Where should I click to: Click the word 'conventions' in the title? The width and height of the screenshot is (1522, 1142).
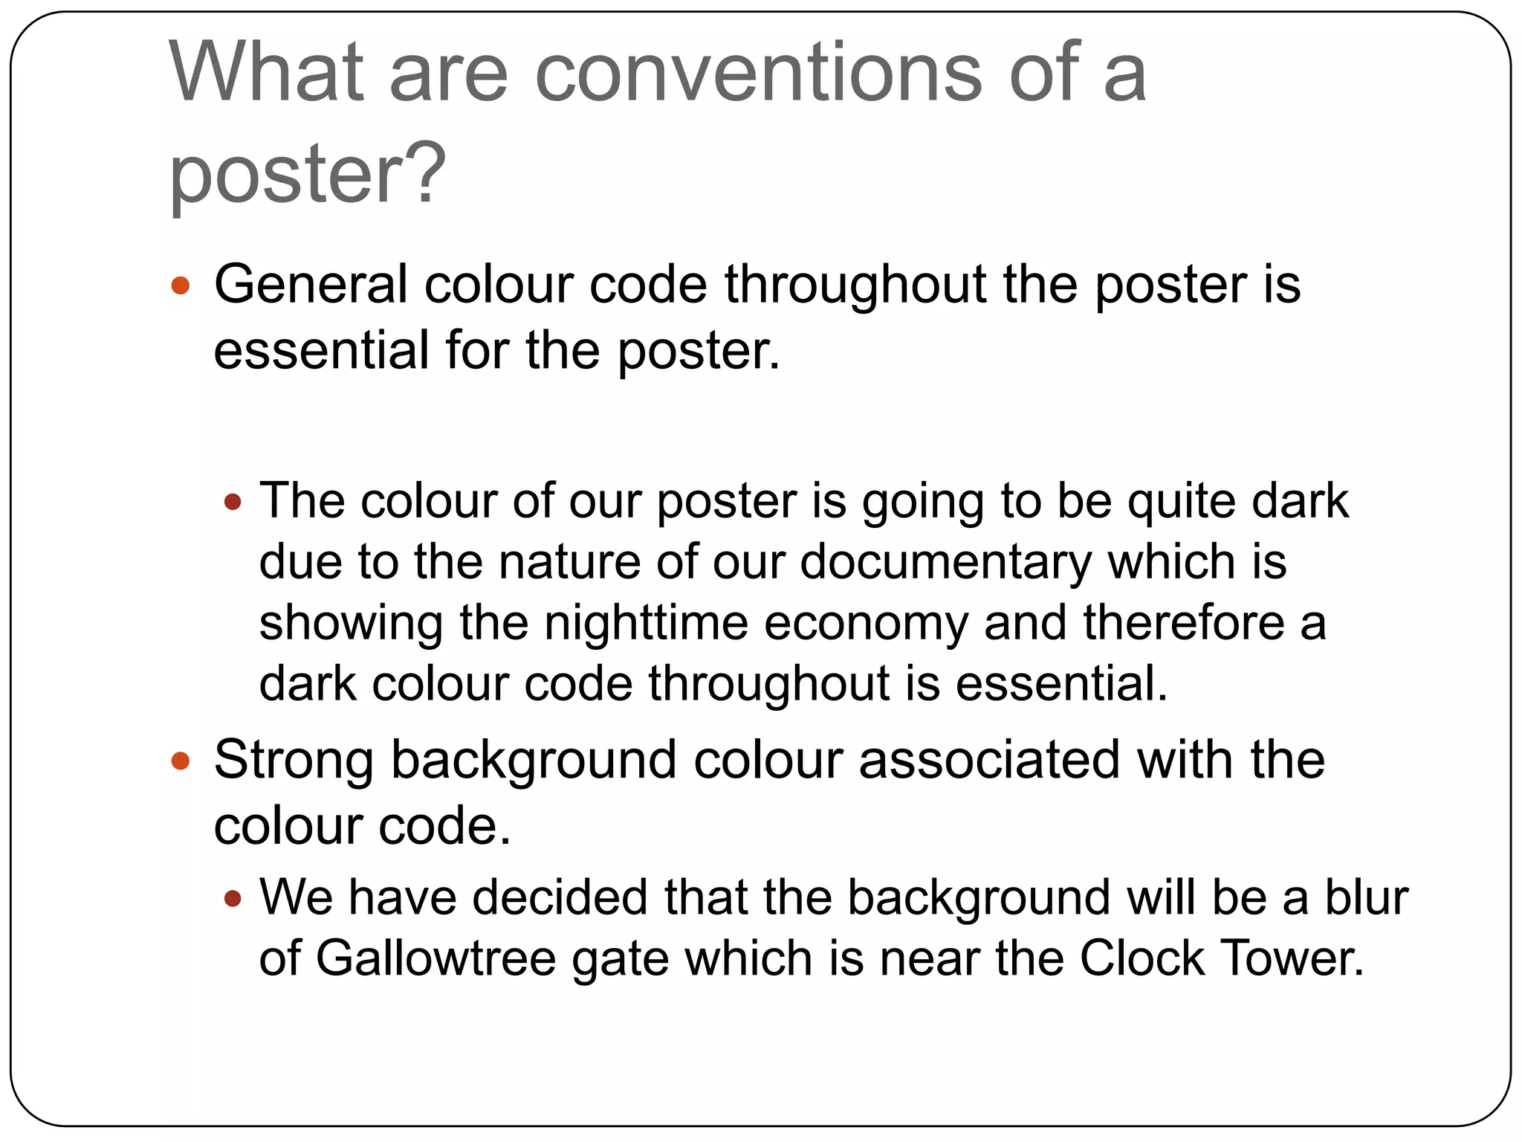point(758,73)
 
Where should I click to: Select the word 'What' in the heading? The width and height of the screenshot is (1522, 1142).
point(267,73)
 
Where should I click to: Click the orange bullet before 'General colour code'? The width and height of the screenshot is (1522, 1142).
point(181,286)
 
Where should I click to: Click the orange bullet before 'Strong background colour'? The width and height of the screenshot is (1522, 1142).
point(181,761)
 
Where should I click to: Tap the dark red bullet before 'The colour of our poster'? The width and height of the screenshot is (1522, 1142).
point(233,503)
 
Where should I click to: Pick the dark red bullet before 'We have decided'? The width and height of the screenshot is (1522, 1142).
point(233,900)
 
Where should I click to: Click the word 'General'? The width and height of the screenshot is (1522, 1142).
point(311,285)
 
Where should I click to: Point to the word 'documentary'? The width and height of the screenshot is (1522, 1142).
point(945,562)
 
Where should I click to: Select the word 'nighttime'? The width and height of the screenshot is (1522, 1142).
point(646,623)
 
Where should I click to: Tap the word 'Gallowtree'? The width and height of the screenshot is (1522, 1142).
point(435,959)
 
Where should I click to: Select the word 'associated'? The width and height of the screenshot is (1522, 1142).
point(988,760)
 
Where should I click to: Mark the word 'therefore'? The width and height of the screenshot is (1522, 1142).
point(1183,623)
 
